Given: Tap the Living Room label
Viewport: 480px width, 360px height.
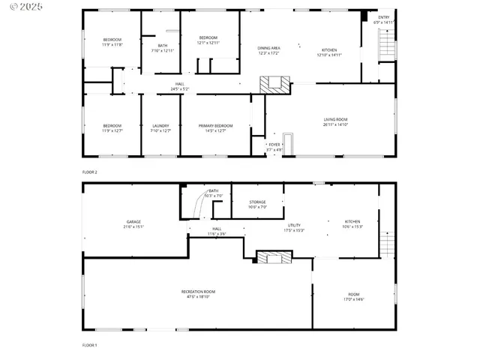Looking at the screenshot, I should pos(335,119).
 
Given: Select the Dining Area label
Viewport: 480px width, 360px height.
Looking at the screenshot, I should pos(268,48).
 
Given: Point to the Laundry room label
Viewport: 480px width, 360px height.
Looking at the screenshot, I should pos(160,125).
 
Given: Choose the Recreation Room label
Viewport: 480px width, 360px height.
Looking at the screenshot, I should pos(198,291).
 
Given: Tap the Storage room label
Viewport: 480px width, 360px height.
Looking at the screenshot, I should pos(257,202).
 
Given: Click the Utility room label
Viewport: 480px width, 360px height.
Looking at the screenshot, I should pos(294,225).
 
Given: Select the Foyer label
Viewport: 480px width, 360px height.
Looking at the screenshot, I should pos(274,144).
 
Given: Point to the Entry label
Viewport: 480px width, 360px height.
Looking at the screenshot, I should pos(383,17).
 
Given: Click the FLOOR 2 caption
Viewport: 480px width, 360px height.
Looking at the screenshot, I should pos(90,172).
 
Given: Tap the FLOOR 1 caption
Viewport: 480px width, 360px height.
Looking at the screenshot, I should pos(90,345).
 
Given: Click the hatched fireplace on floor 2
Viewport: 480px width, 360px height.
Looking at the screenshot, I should pos(272,84).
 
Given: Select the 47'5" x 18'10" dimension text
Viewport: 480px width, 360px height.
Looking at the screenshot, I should pos(198,296).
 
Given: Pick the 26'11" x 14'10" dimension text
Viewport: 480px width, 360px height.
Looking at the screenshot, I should pos(335,124).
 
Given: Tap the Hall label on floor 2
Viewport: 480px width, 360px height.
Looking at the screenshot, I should pos(179,83).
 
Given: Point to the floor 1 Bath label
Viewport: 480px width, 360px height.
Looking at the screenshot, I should pos(214,190).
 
